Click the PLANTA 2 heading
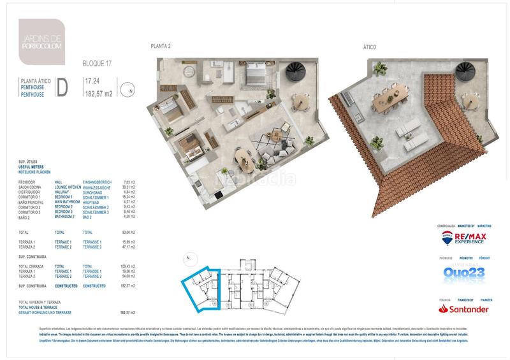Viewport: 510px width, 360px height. (160, 47)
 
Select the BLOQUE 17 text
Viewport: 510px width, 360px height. (98, 64)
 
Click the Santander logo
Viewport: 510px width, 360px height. (464, 309)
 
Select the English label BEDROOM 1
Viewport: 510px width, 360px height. (66, 197)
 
